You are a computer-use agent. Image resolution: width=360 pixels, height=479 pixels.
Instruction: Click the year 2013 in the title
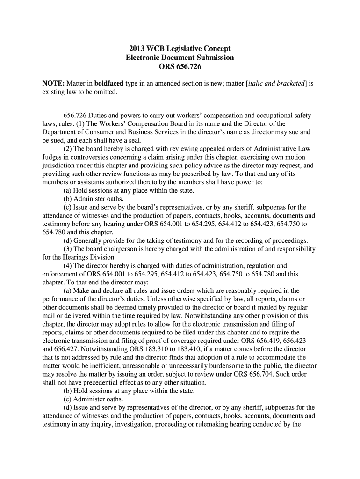[138, 49]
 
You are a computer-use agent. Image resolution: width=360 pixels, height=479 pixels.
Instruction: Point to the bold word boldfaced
[109, 83]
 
